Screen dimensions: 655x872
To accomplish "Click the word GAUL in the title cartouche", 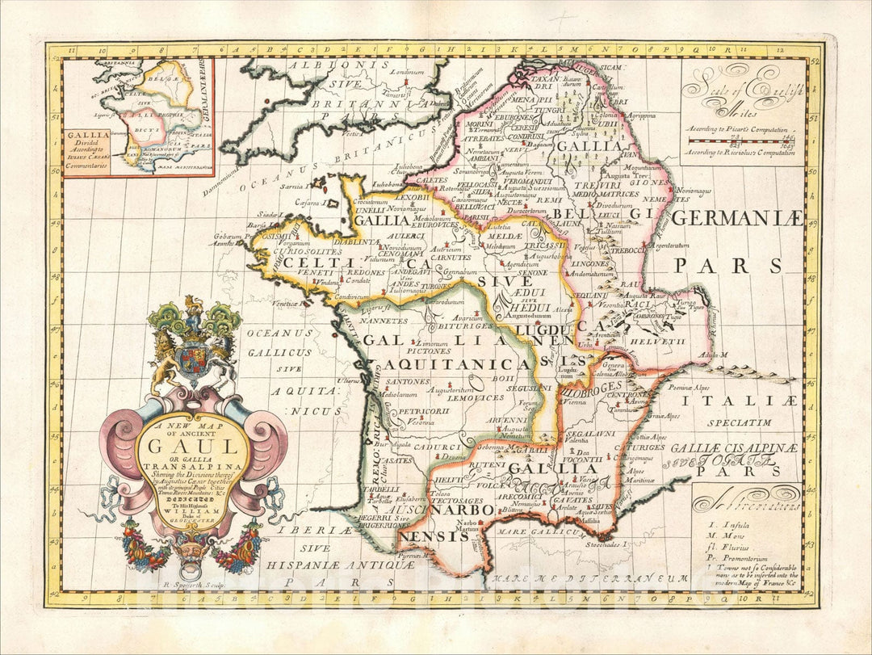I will point(194,446).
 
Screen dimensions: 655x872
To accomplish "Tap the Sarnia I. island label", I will point(291,185).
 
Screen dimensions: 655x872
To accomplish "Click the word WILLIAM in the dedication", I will point(193,510).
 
